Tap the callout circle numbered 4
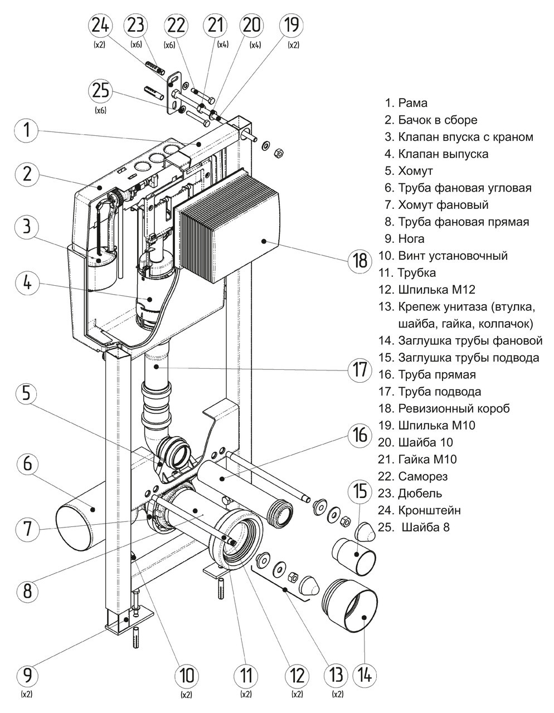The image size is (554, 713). point(27,282)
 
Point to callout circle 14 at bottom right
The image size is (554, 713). point(364,675)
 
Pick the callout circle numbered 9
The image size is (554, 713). point(27,675)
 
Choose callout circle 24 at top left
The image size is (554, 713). point(100,25)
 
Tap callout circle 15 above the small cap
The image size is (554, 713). point(361,492)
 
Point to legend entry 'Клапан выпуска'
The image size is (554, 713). point(436,154)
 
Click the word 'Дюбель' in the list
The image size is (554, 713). point(420,493)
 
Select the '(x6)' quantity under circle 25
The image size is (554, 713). point(101,110)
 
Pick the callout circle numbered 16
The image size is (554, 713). point(361,435)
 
